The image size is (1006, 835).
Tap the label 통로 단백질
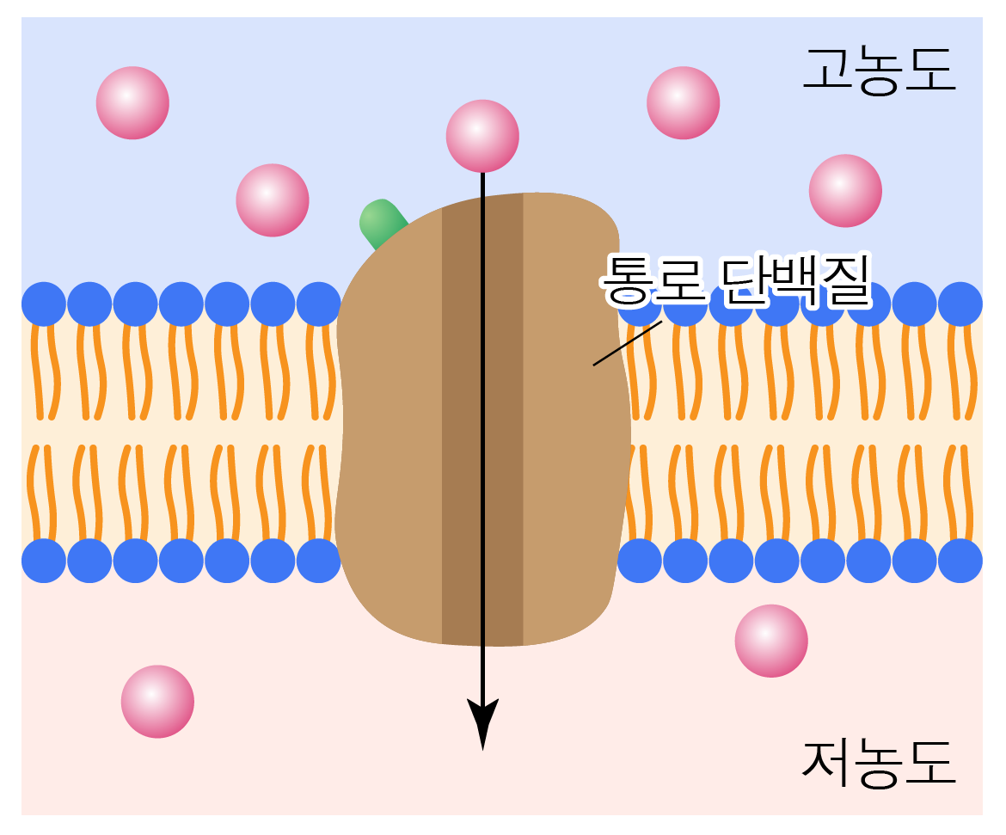pyautogui.click(x=736, y=280)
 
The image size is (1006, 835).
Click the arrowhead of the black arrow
pyautogui.click(x=482, y=722)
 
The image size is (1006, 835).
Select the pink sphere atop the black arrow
pyautogui.click(x=482, y=136)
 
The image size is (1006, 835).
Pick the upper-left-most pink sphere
pyautogui.click(x=132, y=102)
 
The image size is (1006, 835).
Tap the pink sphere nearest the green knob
pyautogui.click(x=273, y=200)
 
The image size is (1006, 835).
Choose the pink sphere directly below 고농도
pyautogui.click(x=845, y=190)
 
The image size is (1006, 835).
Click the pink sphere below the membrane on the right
pyautogui.click(x=771, y=641)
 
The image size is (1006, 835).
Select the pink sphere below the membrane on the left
pyautogui.click(x=157, y=701)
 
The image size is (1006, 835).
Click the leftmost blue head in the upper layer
pyautogui.click(x=44, y=304)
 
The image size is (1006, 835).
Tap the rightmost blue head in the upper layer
pyautogui.click(x=960, y=304)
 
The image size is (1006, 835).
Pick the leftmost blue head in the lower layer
pyautogui.click(x=44, y=561)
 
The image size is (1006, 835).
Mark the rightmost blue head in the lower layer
pyautogui.click(x=960, y=561)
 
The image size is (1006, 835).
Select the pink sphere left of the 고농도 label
pyautogui.click(x=683, y=102)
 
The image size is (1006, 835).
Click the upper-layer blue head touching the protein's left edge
pyautogui.click(x=318, y=304)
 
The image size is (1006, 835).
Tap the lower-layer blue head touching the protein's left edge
pyautogui.click(x=318, y=561)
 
